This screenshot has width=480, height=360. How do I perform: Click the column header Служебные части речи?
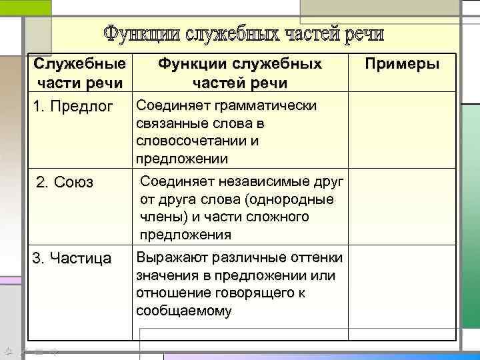coord(79,74)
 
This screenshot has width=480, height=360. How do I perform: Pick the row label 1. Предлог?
coord(73,107)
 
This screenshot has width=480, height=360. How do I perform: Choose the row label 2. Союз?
coord(65,183)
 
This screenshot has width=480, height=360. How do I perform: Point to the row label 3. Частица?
coord(73,258)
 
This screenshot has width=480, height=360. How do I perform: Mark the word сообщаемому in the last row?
coord(183,311)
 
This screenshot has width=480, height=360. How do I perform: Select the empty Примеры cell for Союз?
coord(402,207)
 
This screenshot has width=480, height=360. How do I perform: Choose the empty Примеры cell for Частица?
coord(402,287)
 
